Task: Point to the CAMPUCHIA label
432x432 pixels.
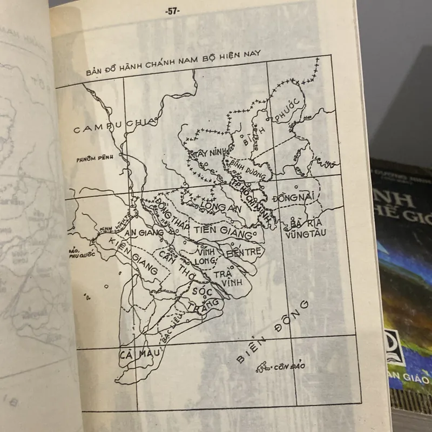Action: point(115,127)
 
